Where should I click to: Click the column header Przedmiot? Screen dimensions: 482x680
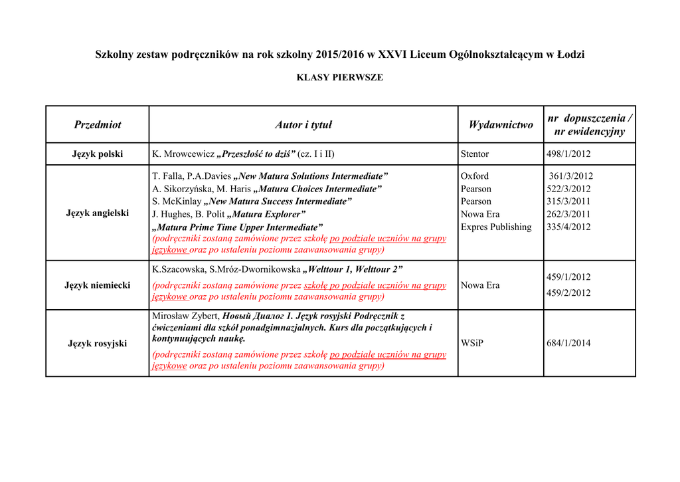coord(98,124)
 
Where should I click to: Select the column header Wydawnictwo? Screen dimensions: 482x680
coord(501,124)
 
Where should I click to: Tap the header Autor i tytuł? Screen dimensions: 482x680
coord(303,124)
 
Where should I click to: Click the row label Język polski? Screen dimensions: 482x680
coord(98,154)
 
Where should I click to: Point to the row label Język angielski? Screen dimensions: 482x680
coord(98,213)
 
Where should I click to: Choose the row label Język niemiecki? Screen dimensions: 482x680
coord(98,285)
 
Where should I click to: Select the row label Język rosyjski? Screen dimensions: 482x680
coord(98,343)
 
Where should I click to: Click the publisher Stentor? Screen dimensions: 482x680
coord(475,154)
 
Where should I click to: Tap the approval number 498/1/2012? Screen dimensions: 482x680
coord(568,154)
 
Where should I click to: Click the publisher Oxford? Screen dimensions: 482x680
coord(475,176)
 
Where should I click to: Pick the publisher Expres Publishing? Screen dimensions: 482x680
coord(496,227)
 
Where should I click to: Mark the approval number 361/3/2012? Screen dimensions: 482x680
coord(571,176)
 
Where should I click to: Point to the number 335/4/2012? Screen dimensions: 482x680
coord(568,227)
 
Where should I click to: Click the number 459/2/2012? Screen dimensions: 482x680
coord(568,293)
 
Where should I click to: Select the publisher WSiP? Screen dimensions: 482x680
coord(472,343)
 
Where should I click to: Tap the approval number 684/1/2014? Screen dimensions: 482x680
coord(568,343)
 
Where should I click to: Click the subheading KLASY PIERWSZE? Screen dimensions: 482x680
coord(339,77)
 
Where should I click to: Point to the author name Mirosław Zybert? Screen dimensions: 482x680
coord(185,316)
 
